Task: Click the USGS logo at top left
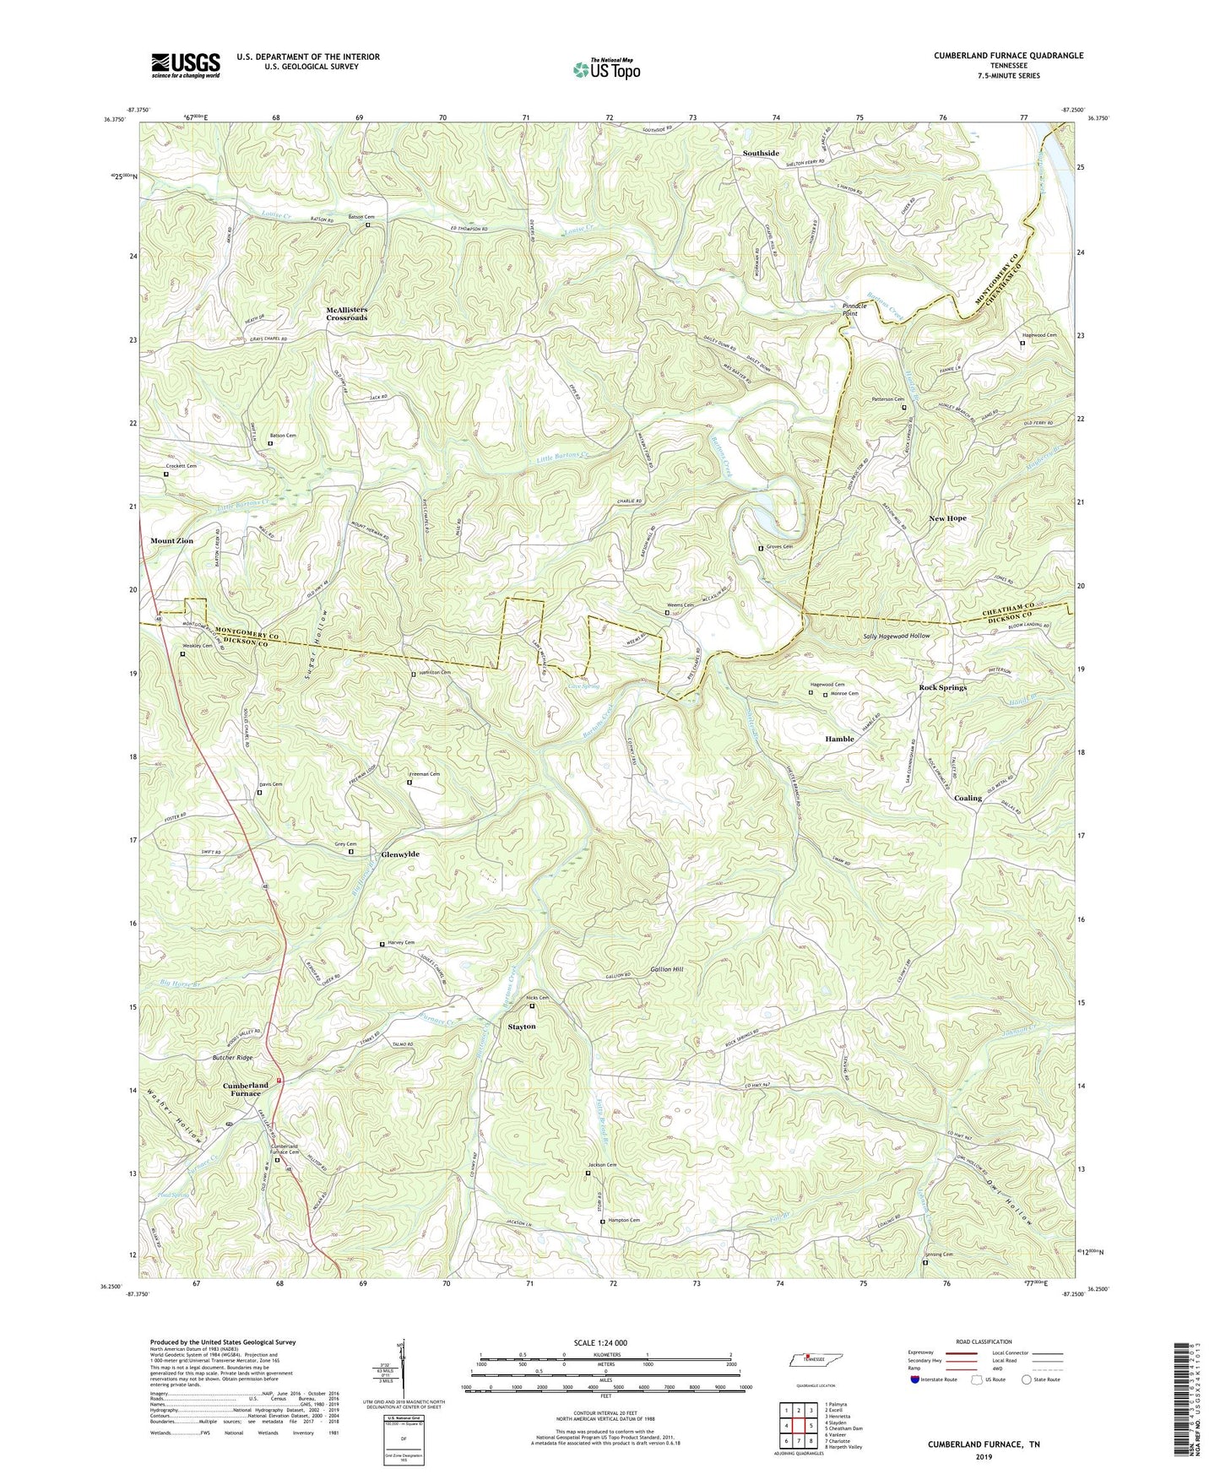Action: tap(186, 65)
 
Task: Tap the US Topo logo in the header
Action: tap(605, 69)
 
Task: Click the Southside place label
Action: tap(761, 153)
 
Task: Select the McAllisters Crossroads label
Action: tap(347, 313)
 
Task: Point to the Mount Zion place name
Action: tap(172, 540)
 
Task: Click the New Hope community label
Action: tap(947, 518)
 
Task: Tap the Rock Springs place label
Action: tap(942, 687)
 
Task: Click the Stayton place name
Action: tap(522, 1027)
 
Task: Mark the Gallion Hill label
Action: tap(667, 969)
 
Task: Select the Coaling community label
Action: tap(968, 798)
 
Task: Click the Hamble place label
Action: tap(839, 739)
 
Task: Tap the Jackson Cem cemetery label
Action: tap(607, 1166)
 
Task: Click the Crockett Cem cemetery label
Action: tap(181, 466)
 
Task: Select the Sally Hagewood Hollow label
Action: tap(896, 636)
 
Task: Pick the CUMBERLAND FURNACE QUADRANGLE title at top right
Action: tap(1008, 56)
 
